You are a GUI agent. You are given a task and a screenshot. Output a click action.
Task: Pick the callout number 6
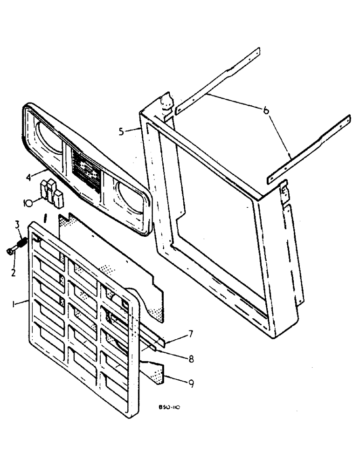pyautogui.click(x=265, y=110)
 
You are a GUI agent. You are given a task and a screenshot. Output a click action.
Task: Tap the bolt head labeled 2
pyautogui.click(x=11, y=252)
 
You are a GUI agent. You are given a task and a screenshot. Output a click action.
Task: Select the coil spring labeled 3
pyautogui.click(x=21, y=244)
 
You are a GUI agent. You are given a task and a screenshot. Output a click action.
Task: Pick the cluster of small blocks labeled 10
pyautogui.click(x=52, y=191)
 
